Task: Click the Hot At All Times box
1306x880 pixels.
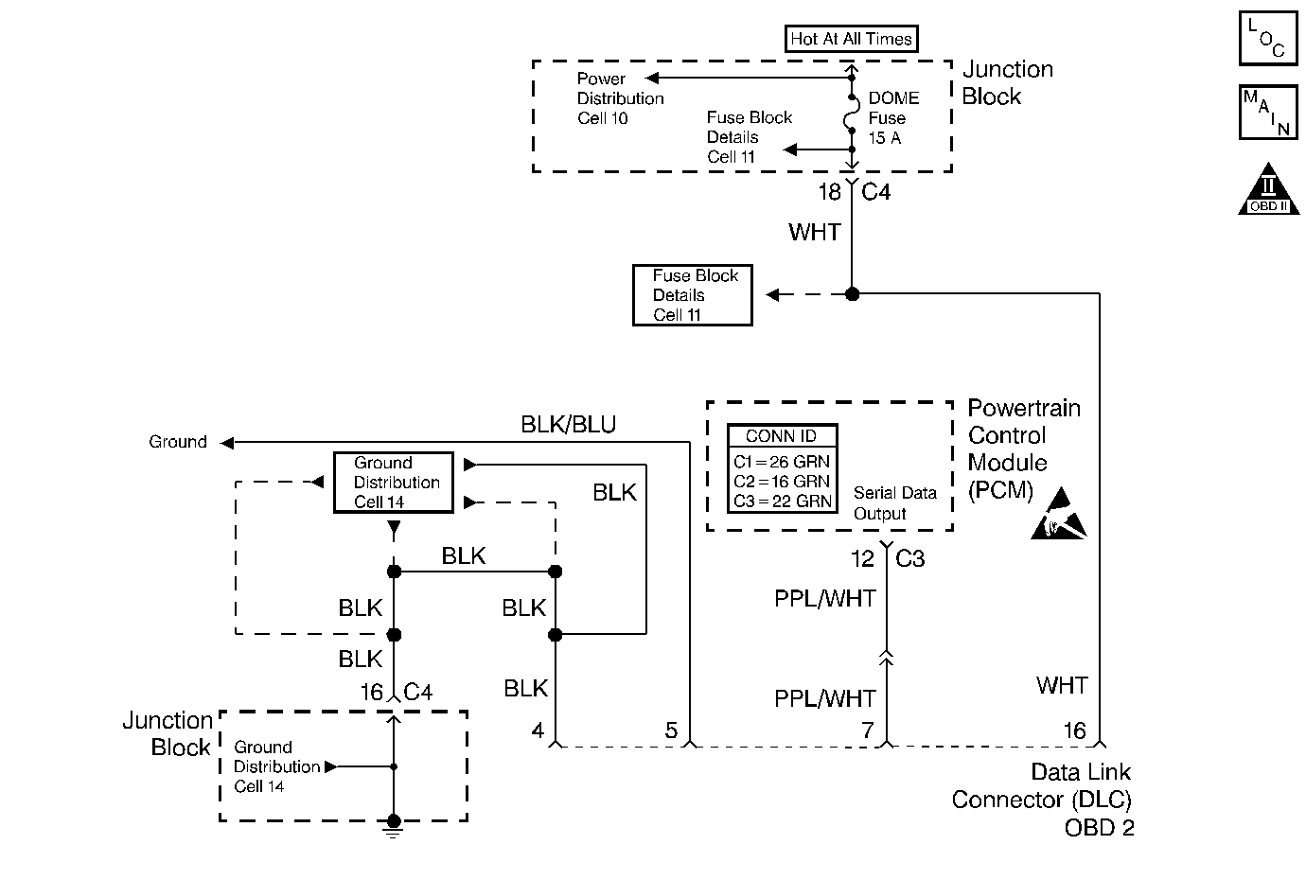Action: [851, 39]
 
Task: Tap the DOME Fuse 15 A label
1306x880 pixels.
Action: [892, 118]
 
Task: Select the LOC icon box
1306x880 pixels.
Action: [1267, 39]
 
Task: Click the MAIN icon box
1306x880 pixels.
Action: [1267, 113]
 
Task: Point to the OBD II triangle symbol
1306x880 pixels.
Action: [1267, 191]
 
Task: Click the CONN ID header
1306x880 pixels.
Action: [782, 436]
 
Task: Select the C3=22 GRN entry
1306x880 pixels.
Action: [782, 502]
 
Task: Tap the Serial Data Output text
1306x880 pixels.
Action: [894, 503]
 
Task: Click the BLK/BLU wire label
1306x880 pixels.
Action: [568, 425]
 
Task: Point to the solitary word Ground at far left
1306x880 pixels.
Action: [178, 442]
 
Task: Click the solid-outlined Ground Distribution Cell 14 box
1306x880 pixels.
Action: [393, 483]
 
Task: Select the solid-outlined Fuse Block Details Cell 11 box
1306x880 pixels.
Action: [693, 295]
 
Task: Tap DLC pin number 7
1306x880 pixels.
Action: [867, 730]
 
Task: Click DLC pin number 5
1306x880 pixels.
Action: [671, 730]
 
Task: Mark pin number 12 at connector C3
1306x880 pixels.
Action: [862, 559]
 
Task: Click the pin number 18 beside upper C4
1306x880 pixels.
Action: [829, 192]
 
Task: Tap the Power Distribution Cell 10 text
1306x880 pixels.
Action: [620, 98]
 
